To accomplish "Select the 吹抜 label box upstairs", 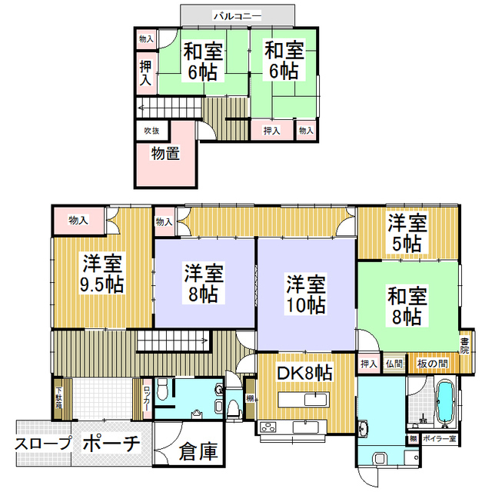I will point(151,131).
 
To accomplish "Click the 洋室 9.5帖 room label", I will point(101,274).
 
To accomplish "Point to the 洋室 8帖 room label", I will point(204,282).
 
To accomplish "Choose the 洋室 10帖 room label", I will point(306,293).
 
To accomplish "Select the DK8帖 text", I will point(304,373).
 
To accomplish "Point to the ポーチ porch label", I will point(110,444).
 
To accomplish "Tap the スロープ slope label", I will point(43,444).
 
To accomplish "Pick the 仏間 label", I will point(394,363).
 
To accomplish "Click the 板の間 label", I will point(433,363).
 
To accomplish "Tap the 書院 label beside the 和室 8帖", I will point(464,345).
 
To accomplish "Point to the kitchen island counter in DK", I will point(304,400).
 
